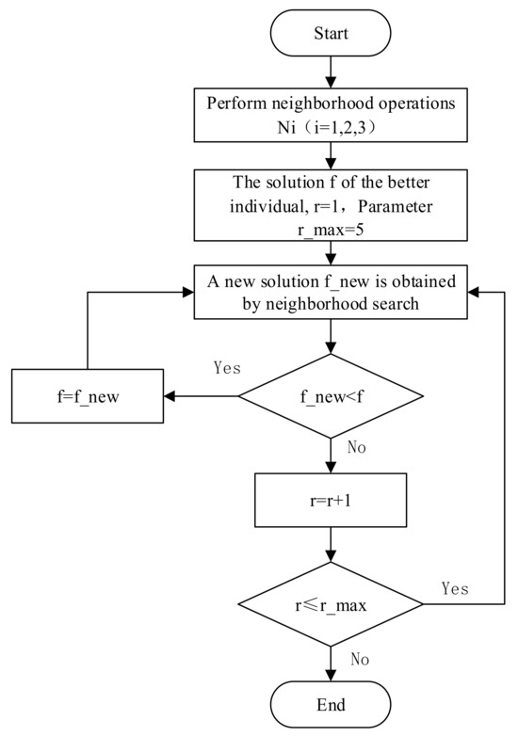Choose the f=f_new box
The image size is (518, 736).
tap(88, 395)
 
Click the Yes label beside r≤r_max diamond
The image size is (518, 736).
tap(457, 587)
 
